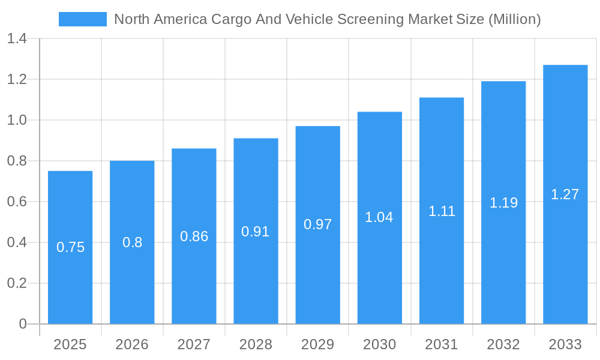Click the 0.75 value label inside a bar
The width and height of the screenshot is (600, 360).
pyautogui.click(x=70, y=247)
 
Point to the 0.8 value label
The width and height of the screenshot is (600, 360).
pyautogui.click(x=132, y=242)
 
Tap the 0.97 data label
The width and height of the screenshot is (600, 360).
pyautogui.click(x=317, y=224)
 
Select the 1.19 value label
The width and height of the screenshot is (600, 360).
pyautogui.click(x=503, y=203)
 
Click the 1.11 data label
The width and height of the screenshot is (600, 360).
pyautogui.click(x=442, y=211)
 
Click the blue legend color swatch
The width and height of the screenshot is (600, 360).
pyautogui.click(x=83, y=19)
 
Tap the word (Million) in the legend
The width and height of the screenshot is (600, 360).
pyautogui.click(x=514, y=19)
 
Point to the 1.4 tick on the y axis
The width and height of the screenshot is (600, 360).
pyautogui.click(x=17, y=39)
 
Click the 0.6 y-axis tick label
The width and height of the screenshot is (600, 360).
pyautogui.click(x=17, y=202)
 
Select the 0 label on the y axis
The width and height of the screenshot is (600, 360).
pyautogui.click(x=23, y=324)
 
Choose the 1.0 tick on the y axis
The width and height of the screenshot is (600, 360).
pyautogui.click(x=17, y=120)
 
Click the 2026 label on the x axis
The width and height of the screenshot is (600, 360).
pyautogui.click(x=132, y=344)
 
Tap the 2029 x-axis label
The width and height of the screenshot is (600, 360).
pyautogui.click(x=317, y=344)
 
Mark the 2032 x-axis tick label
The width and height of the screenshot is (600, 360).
pyautogui.click(x=503, y=344)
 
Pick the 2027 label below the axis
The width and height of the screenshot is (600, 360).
pyautogui.click(x=194, y=344)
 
